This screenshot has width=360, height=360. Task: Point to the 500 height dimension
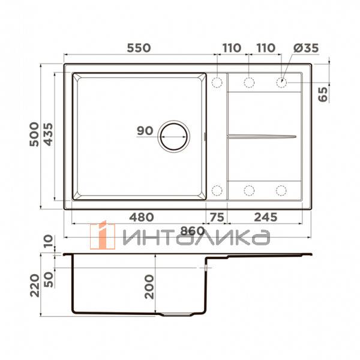point(35,134)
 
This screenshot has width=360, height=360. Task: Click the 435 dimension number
point(49,134)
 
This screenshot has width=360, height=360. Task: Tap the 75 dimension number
point(216,217)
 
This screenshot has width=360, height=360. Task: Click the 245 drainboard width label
point(265,217)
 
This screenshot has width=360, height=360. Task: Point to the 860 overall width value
point(193,230)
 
